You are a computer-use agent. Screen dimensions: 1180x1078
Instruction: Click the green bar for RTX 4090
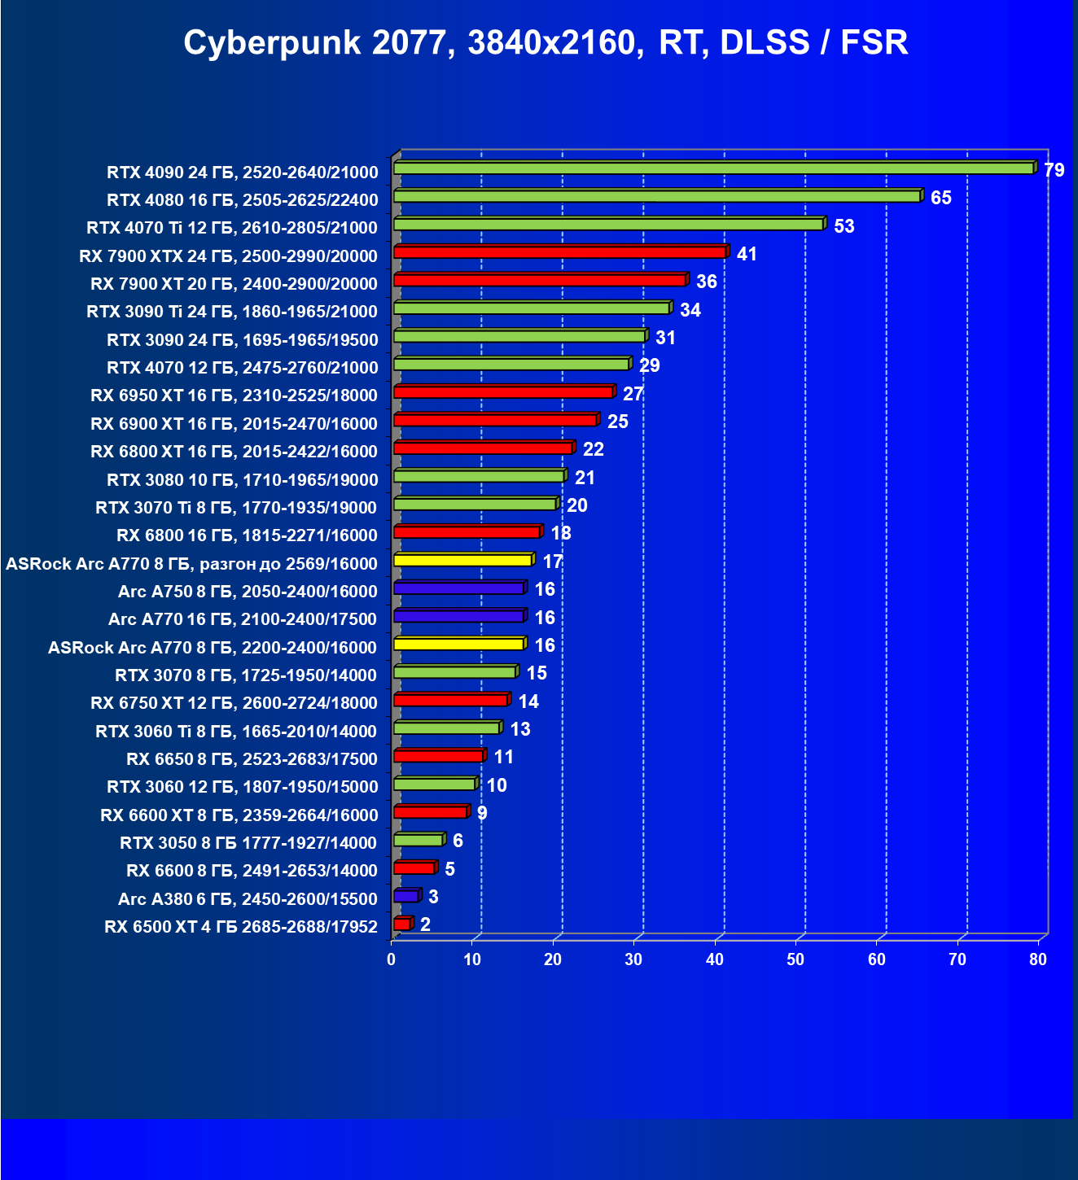click(x=713, y=168)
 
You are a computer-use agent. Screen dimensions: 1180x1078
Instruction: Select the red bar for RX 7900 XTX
click(x=559, y=252)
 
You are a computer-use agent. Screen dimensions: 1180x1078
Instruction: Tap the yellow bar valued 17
click(x=462, y=560)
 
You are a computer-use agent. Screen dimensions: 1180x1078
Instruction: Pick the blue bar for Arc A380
click(x=405, y=896)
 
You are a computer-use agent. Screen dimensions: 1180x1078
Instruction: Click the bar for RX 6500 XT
click(x=402, y=924)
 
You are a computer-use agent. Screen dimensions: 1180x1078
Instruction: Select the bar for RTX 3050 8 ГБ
click(x=418, y=840)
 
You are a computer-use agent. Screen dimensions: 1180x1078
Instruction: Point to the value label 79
click(x=1054, y=171)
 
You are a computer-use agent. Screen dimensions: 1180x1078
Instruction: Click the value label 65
click(x=940, y=199)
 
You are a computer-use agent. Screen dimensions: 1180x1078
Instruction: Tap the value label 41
click(x=747, y=255)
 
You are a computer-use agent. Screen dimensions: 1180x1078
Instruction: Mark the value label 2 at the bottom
click(x=425, y=924)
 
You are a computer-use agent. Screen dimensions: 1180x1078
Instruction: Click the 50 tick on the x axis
click(x=795, y=960)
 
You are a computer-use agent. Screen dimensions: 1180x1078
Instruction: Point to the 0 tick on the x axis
click(x=392, y=960)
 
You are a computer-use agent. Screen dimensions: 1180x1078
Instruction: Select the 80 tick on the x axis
click(x=1038, y=960)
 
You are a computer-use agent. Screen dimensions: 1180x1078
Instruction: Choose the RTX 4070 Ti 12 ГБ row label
click(x=232, y=228)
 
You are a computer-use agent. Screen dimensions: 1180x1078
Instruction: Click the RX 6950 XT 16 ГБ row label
click(x=234, y=396)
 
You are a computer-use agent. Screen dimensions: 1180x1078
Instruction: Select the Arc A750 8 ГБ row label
click(x=248, y=592)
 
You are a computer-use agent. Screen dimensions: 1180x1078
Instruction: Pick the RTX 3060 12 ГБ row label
click(x=242, y=787)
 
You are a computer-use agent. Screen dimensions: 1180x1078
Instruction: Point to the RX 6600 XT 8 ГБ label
click(x=239, y=815)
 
